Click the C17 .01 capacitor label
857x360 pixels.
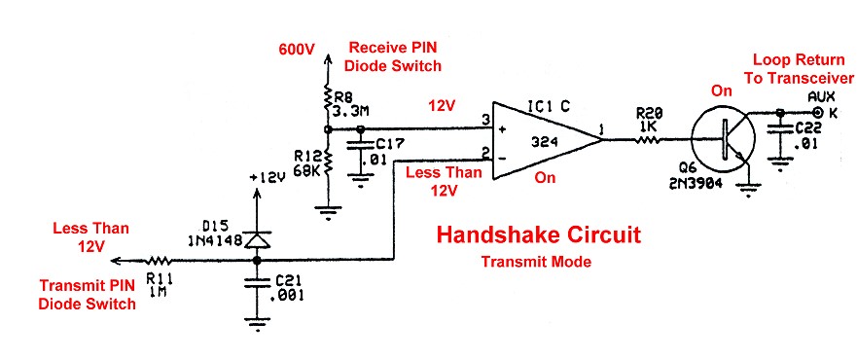(379, 151)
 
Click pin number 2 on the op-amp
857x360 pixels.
(482, 152)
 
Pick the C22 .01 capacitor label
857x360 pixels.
(810, 135)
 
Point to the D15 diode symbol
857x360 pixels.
(257, 238)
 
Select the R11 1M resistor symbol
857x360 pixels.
(159, 261)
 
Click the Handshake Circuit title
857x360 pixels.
(539, 235)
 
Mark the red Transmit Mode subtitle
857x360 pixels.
(538, 262)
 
